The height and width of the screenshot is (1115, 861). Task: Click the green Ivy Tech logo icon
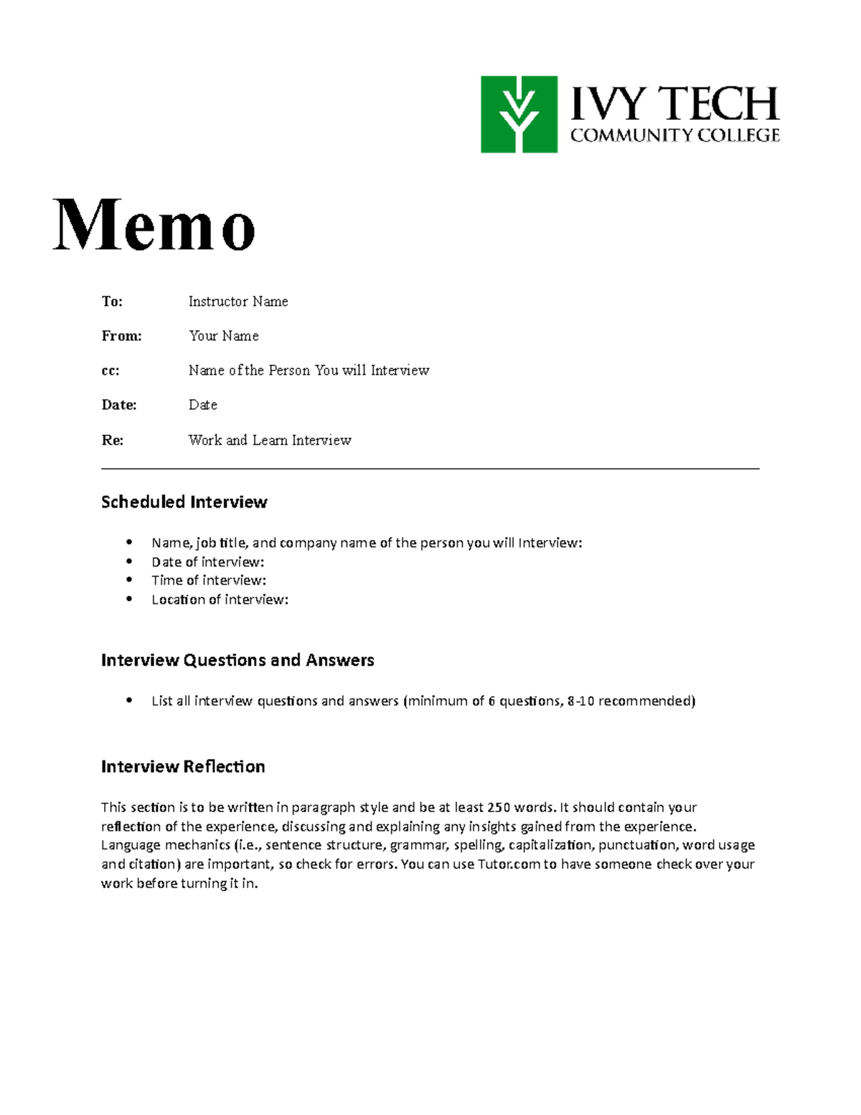[x=519, y=114]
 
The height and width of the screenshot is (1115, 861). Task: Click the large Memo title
[x=154, y=225]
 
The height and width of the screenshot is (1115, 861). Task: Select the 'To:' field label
[x=112, y=302]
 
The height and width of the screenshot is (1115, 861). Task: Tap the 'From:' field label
[x=121, y=336]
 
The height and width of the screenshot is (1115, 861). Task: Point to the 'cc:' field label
[x=110, y=370]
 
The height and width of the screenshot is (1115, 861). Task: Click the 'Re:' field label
[x=112, y=440]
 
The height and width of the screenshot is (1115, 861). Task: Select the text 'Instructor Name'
[x=237, y=302]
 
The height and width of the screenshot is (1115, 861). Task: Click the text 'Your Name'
[x=223, y=336]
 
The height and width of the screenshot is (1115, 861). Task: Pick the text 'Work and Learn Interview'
[x=269, y=440]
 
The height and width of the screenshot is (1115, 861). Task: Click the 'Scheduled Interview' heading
[x=184, y=502]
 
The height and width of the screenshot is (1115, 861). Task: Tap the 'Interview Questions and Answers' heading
[x=237, y=660]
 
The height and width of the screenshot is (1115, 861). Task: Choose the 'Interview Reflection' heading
[x=183, y=767]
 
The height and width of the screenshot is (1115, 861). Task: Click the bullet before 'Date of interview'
[x=129, y=561]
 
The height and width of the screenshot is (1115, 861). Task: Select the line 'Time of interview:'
[x=208, y=580]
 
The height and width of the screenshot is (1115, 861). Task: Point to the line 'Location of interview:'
[x=220, y=600]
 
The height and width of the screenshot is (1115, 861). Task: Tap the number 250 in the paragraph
[x=498, y=807]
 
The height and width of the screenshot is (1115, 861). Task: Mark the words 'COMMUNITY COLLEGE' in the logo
[x=674, y=135]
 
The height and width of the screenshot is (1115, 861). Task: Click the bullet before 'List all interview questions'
[x=129, y=701]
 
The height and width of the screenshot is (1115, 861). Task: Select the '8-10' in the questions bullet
[x=580, y=701]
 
